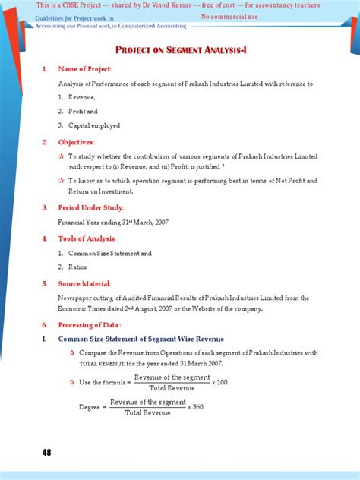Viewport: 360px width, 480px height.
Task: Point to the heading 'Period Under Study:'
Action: [x=90, y=207]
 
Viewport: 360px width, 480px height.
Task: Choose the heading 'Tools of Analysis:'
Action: [x=88, y=238]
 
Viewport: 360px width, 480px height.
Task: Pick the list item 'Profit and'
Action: [x=84, y=112]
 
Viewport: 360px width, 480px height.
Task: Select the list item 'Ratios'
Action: [x=78, y=267]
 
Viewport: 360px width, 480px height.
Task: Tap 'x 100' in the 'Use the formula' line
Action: [x=219, y=381]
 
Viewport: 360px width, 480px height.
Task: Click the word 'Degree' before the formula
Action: [x=90, y=407]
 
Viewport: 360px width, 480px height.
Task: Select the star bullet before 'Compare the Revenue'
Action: [x=72, y=353]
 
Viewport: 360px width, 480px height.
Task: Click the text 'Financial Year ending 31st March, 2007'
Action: [x=114, y=223]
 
